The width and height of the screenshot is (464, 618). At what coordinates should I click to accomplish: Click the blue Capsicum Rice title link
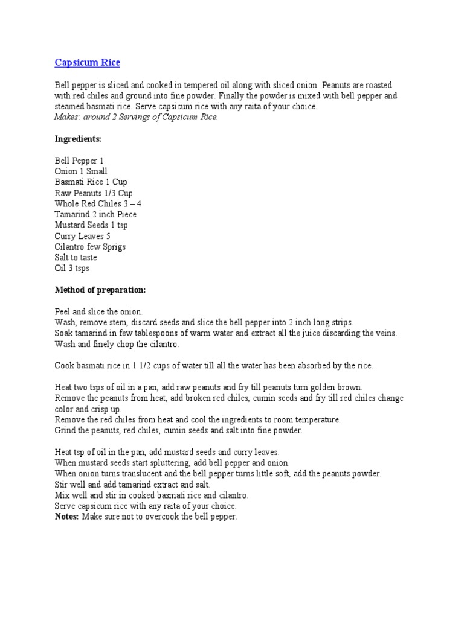tap(87, 63)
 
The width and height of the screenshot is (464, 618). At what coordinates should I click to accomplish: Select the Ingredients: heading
tap(78, 139)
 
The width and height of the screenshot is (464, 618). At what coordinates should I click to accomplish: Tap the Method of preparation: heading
tap(100, 290)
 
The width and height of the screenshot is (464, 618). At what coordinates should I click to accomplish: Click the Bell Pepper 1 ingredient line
tap(79, 161)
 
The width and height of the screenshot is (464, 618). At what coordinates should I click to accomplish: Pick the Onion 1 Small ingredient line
tap(81, 171)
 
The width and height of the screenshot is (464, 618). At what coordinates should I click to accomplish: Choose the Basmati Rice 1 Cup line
tap(91, 182)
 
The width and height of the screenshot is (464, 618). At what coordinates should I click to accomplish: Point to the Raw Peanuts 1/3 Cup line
tap(94, 193)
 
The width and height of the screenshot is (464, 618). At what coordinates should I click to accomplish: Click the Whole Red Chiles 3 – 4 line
tap(98, 204)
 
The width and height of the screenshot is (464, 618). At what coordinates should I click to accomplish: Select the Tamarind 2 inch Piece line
tap(95, 215)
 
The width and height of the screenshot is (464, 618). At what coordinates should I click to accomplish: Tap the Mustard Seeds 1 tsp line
tap(91, 225)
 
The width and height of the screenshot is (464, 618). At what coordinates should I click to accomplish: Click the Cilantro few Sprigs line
tap(90, 247)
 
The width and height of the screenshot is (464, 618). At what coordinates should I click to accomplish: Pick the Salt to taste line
tap(76, 258)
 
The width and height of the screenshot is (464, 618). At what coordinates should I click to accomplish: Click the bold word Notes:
tap(66, 517)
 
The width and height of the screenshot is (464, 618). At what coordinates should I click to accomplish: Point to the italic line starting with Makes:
tap(136, 117)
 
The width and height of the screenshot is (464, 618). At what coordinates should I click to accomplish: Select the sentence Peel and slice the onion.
tap(98, 311)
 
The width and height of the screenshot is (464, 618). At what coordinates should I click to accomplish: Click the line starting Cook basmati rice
tap(214, 366)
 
